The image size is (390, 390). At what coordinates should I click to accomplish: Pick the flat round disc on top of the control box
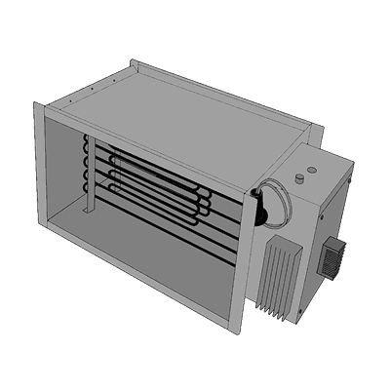295,179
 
